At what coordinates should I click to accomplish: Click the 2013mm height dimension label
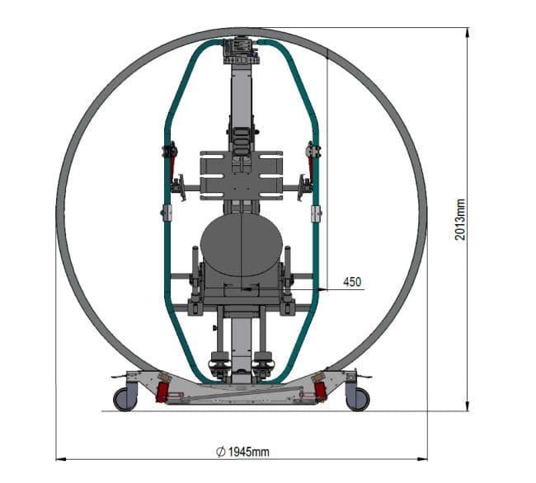click(460, 219)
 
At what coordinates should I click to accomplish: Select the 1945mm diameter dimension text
click(243, 452)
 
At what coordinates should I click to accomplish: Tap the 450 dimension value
click(352, 282)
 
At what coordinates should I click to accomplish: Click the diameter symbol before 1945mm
click(221, 452)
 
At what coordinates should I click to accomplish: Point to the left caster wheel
click(125, 399)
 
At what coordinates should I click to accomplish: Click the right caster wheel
click(358, 399)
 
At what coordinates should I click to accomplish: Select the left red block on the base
click(162, 392)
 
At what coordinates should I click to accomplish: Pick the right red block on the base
click(320, 392)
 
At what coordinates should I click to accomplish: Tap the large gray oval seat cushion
click(242, 245)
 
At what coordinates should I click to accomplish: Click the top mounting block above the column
click(242, 50)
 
